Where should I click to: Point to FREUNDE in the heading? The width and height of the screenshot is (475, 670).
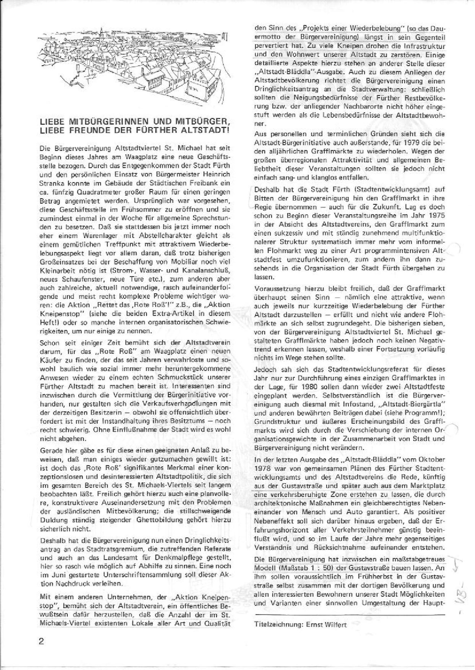[88, 129]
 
